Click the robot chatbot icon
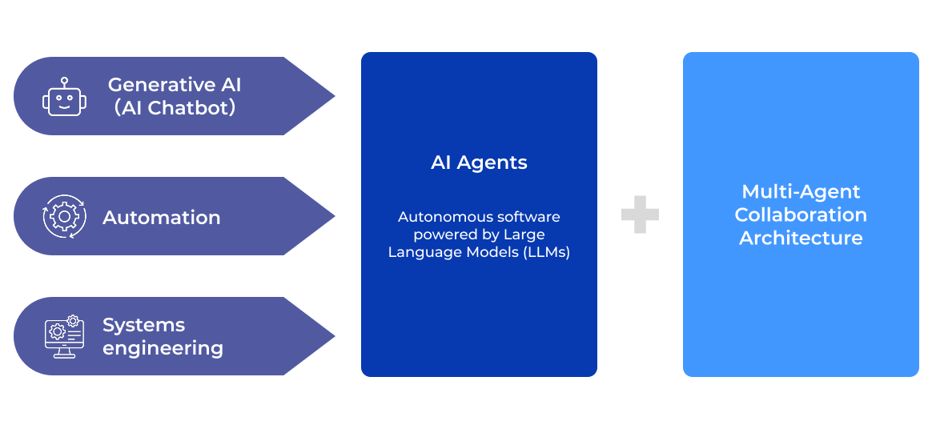(x=63, y=97)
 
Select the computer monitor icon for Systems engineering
(x=64, y=336)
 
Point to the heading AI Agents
(x=479, y=162)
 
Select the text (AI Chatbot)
(x=175, y=108)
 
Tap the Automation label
(x=162, y=217)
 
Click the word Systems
(x=143, y=325)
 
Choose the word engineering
(x=163, y=348)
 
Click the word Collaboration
(x=801, y=214)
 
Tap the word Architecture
(x=801, y=238)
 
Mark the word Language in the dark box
(x=420, y=252)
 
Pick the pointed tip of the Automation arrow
(x=333, y=216)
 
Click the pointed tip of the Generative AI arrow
(x=333, y=96)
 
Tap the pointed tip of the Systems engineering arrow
(x=333, y=336)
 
